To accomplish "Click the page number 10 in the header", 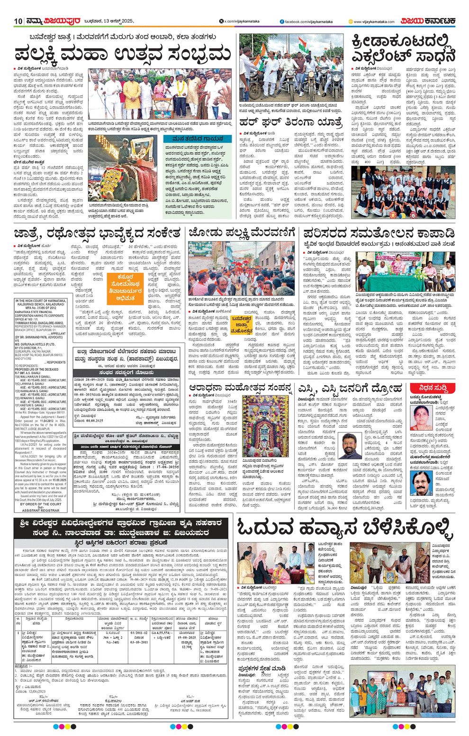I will click(x=18, y=21).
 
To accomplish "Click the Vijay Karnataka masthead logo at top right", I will click(x=428, y=21).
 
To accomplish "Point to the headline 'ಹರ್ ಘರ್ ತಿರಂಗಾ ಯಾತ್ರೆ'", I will click(x=290, y=121).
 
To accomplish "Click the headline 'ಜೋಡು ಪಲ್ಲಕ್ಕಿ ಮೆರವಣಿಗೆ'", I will click(x=242, y=233).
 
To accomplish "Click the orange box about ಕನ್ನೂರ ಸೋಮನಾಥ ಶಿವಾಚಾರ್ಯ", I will click(x=125, y=287).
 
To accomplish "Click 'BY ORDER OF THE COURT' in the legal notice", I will click(x=41, y=504).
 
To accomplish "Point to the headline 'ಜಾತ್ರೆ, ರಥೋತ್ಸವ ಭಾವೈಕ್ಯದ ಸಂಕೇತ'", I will click(x=97, y=233).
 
